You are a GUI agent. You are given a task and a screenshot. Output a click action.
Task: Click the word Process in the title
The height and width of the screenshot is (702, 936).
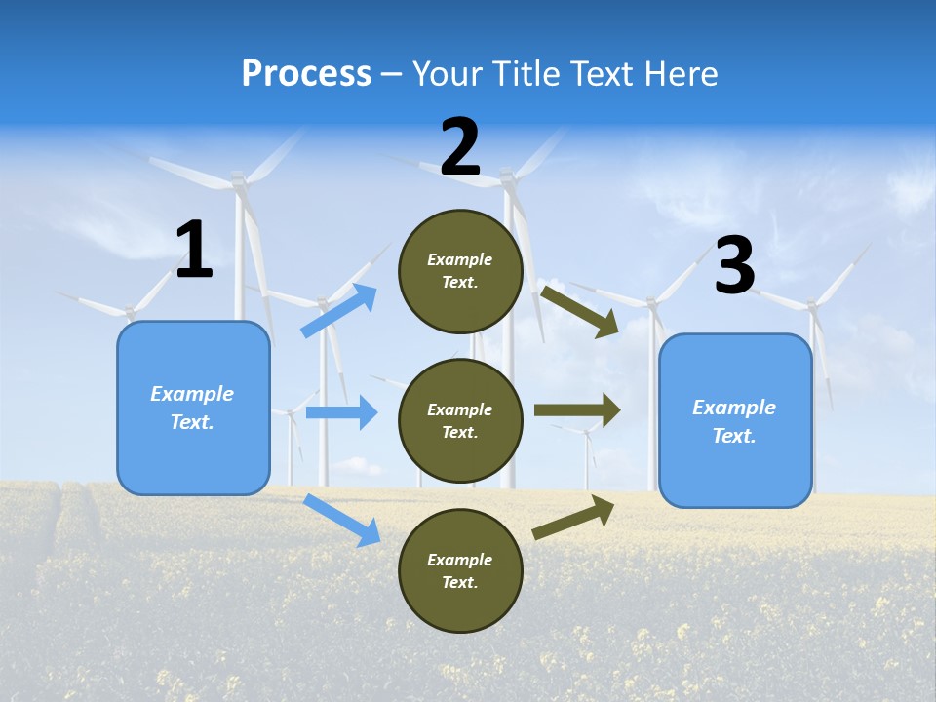click(306, 74)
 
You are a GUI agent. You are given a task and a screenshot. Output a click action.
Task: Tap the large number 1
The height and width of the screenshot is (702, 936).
click(194, 251)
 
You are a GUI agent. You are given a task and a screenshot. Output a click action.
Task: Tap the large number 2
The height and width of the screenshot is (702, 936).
click(460, 148)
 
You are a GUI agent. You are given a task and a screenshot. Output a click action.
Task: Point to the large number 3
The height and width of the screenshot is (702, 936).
click(734, 266)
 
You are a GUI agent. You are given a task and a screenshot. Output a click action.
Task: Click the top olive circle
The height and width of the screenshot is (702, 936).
click(460, 271)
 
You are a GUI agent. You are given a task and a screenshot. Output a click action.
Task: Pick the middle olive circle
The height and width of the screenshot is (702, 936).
click(460, 421)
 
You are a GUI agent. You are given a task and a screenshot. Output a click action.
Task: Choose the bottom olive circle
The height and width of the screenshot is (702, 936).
click(460, 571)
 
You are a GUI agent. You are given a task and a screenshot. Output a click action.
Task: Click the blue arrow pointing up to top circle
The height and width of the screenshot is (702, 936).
click(339, 311)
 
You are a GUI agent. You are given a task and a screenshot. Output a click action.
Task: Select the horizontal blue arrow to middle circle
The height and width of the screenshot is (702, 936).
click(341, 412)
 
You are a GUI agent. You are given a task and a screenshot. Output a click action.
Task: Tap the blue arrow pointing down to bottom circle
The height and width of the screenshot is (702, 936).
click(342, 520)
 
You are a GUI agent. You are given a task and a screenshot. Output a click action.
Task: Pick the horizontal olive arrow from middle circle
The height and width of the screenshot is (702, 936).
click(576, 410)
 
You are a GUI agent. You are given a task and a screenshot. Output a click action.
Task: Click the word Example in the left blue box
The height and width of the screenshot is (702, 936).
click(192, 394)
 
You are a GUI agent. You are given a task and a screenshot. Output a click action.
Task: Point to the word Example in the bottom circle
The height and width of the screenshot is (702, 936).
click(460, 560)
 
